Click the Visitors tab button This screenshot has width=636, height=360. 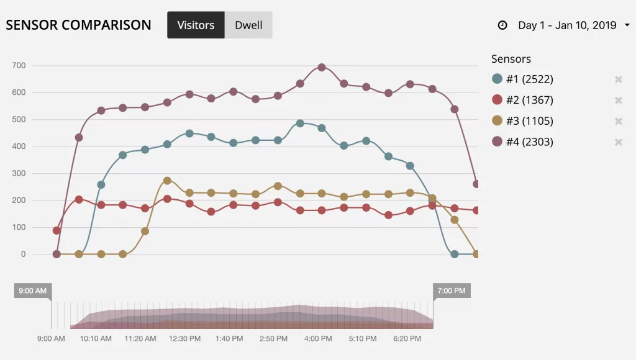(196, 25)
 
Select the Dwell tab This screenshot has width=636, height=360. (248, 25)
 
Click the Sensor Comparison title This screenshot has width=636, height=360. (78, 25)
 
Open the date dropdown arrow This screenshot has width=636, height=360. (627, 25)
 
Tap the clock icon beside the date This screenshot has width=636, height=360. (502, 25)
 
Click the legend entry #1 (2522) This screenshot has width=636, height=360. (522, 79)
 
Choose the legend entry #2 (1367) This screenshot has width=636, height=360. (522, 100)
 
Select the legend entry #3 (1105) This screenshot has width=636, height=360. (522, 121)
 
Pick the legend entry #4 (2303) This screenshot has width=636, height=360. (522, 142)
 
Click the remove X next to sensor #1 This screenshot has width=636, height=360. (618, 79)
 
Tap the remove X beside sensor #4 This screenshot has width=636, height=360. (618, 142)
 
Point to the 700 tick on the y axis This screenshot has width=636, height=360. (19, 65)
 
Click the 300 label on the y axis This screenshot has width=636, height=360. (19, 173)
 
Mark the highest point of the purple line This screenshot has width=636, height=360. (322, 67)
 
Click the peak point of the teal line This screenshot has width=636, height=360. (300, 124)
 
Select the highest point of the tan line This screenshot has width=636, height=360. (167, 181)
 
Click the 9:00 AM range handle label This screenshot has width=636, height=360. (33, 290)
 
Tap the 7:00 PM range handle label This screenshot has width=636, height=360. (452, 290)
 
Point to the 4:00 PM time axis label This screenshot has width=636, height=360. (318, 338)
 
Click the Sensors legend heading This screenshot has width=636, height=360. (511, 59)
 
